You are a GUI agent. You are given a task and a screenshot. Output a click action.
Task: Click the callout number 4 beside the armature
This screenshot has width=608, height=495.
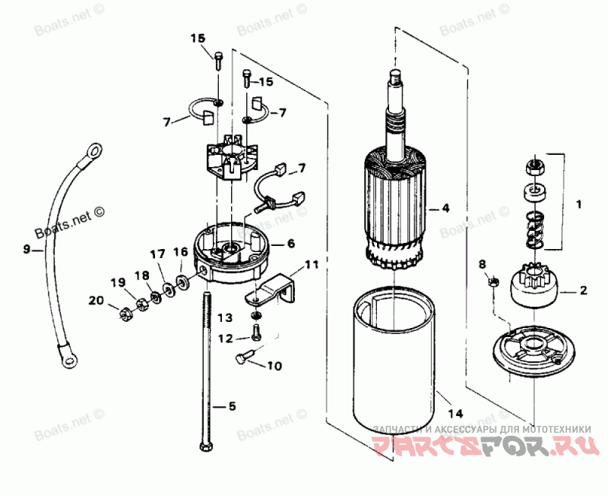(x=446, y=207)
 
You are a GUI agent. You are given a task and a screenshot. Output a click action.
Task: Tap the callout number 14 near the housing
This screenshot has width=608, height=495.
(x=455, y=414)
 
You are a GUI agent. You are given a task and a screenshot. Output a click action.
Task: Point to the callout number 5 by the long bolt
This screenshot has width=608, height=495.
(x=232, y=406)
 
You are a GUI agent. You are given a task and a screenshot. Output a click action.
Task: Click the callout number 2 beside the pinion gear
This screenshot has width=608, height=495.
(x=584, y=289)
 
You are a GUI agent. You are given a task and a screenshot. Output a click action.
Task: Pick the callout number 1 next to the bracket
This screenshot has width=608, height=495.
(x=578, y=203)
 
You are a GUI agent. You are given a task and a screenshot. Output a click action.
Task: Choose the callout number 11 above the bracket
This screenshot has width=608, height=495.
(x=311, y=265)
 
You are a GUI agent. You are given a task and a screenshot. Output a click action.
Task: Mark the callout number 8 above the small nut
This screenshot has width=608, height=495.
(x=480, y=264)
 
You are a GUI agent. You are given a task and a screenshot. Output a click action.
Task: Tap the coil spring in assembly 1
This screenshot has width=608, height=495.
(x=534, y=229)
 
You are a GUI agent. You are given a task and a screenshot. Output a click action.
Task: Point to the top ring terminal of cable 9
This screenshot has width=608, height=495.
(x=94, y=150)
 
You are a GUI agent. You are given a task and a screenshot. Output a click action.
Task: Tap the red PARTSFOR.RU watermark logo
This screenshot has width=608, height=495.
(x=483, y=443)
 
